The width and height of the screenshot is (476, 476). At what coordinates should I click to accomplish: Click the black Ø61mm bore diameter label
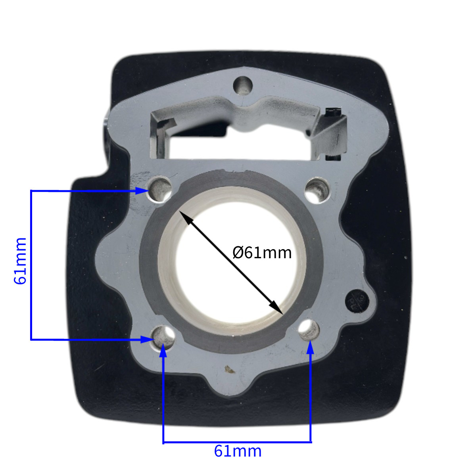(x=262, y=253)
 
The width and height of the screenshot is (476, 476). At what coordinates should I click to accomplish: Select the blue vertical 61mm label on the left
(x=20, y=261)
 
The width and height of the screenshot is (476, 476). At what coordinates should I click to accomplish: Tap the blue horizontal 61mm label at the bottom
(x=237, y=451)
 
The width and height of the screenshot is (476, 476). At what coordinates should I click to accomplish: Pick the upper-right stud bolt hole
(x=317, y=190)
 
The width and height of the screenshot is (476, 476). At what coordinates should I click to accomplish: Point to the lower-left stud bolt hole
(x=163, y=338)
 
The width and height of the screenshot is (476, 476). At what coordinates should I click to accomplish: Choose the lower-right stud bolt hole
(x=309, y=330)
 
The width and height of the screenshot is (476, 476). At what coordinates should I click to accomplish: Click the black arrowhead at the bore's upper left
(x=185, y=217)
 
